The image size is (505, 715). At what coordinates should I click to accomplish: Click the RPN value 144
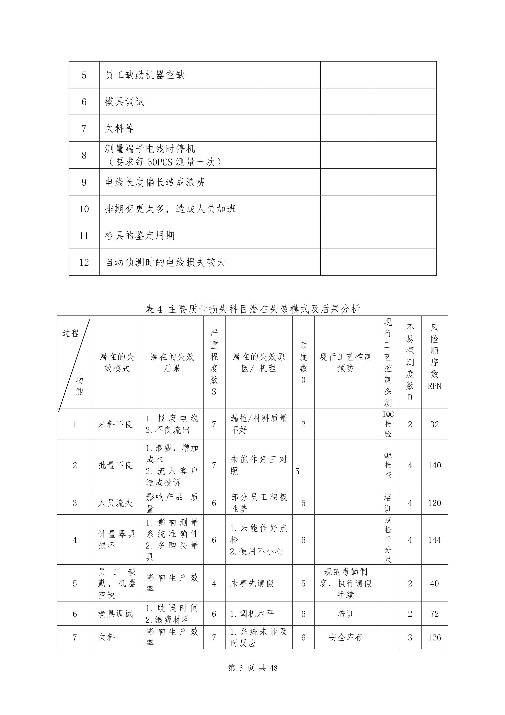click(434, 540)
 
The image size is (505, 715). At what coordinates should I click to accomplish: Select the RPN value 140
click(434, 465)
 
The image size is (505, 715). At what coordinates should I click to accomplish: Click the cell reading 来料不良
click(115, 424)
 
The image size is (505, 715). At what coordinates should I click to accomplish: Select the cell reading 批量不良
click(115, 465)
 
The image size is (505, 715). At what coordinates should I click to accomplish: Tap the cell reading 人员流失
click(115, 503)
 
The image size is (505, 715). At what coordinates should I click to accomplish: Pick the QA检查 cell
click(388, 465)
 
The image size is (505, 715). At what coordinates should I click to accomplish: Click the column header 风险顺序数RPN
click(434, 357)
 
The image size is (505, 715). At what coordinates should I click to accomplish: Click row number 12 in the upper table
click(84, 262)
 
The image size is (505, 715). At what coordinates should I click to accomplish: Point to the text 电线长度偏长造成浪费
click(155, 182)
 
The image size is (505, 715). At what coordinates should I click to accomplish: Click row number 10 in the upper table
click(84, 209)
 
